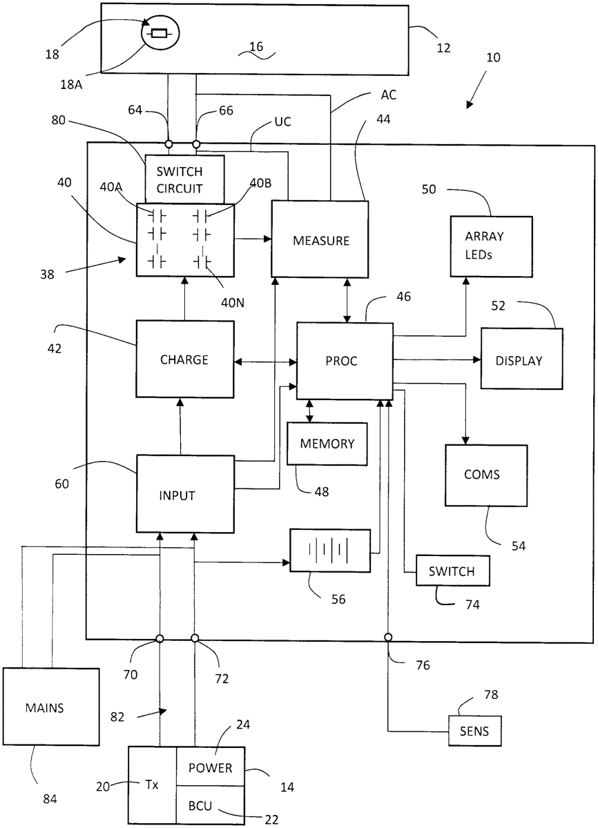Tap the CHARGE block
184,359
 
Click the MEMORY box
327,444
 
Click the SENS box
474,731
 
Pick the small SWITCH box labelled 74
452,571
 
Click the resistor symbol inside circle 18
160,32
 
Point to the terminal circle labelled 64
168,144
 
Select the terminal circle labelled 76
389,637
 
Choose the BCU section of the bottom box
210,804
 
